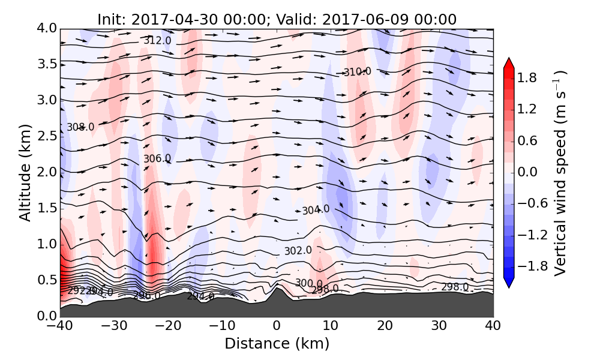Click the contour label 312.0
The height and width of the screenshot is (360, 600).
pos(157,41)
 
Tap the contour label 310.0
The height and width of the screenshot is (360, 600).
pos(357,72)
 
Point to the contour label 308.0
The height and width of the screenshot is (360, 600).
pos(80,127)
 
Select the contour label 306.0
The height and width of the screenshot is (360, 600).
pos(157,158)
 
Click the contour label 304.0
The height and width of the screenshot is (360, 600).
pos(316,210)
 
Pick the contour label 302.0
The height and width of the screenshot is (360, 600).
pos(298,250)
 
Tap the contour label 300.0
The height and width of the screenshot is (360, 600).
pos(308,283)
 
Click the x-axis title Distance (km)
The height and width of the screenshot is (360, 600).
pos(277,344)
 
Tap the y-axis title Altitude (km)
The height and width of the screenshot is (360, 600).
pos(25,172)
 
